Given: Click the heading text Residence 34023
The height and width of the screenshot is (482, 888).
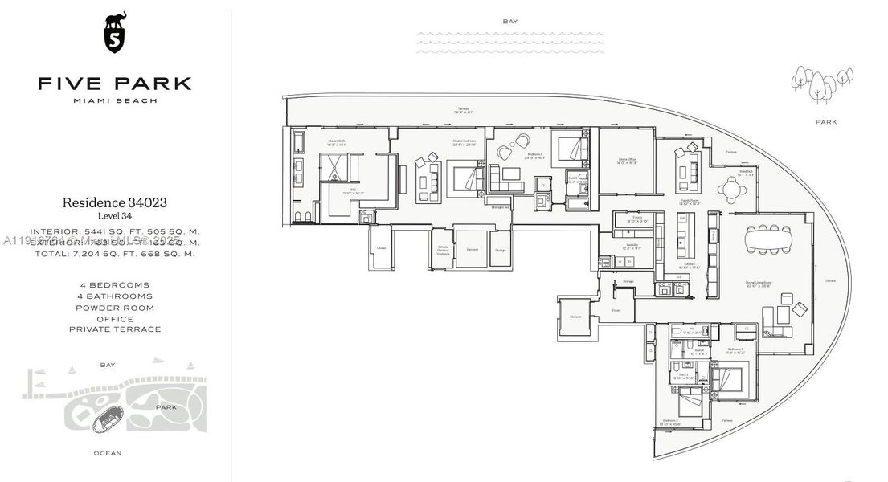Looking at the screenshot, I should (114, 203).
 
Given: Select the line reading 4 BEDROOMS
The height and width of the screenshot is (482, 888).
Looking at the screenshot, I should (114, 285).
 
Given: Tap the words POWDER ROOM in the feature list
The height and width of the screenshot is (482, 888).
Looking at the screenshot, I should (114, 308).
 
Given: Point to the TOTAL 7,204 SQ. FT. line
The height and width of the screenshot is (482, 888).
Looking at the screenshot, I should (114, 253).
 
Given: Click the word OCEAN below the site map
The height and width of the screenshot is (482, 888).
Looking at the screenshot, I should (108, 453).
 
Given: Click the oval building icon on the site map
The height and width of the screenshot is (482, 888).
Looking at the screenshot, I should (108, 418).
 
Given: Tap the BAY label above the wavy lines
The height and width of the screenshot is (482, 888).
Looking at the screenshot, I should (509, 22).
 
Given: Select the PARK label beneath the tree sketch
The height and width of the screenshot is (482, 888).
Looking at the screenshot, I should (825, 122).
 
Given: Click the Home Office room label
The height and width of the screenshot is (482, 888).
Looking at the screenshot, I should (627, 161).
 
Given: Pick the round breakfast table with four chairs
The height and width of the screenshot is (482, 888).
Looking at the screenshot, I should (731, 190).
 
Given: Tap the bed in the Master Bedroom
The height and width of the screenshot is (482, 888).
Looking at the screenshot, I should (466, 178).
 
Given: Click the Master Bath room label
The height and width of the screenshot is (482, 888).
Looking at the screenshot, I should (336, 142).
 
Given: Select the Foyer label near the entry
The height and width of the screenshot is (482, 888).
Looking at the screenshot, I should (616, 308).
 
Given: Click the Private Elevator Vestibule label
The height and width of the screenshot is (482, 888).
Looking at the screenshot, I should (443, 251).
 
